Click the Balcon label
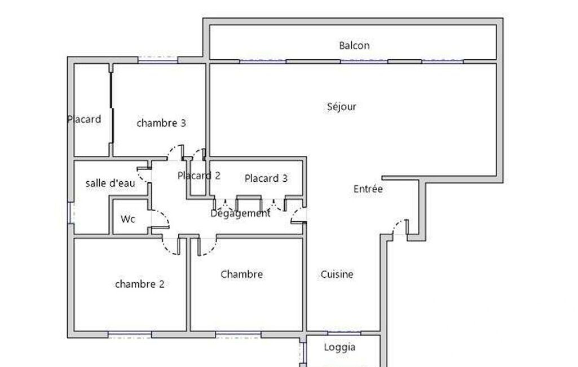click(354, 45)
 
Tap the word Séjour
click(342, 107)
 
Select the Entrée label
click(368, 189)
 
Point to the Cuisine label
click(337, 274)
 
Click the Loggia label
click(339, 347)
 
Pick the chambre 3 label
click(161, 123)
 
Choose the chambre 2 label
click(140, 284)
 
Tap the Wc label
click(128, 219)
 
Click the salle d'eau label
click(110, 183)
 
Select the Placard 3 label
click(266, 178)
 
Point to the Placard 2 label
click(198, 176)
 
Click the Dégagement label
click(240, 213)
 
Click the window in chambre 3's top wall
click(158, 60)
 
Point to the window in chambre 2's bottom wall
click(130, 335)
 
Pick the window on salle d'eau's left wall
click(70, 213)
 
